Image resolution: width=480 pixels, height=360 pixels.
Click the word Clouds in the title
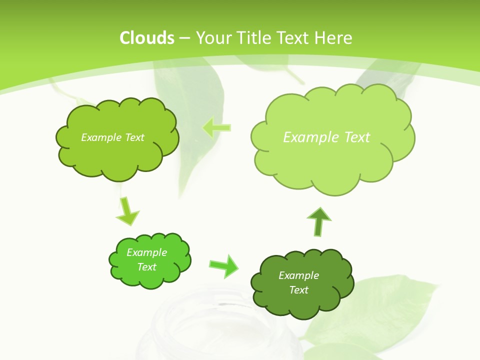tap(147, 38)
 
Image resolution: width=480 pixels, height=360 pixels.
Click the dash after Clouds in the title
tap(184, 38)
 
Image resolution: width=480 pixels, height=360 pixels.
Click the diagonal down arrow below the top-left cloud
tap(127, 211)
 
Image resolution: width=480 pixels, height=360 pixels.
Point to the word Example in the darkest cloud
tap(298, 275)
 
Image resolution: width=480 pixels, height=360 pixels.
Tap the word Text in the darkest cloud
tap(298, 290)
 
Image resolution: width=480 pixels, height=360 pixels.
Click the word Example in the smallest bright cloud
tap(146, 252)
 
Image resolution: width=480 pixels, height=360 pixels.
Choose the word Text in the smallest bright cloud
tap(146, 267)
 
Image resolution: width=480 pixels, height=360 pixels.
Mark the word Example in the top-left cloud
tap(99, 137)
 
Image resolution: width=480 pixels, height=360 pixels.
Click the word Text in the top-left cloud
tap(134, 137)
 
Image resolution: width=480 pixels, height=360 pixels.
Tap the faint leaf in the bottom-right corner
tap(380, 310)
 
